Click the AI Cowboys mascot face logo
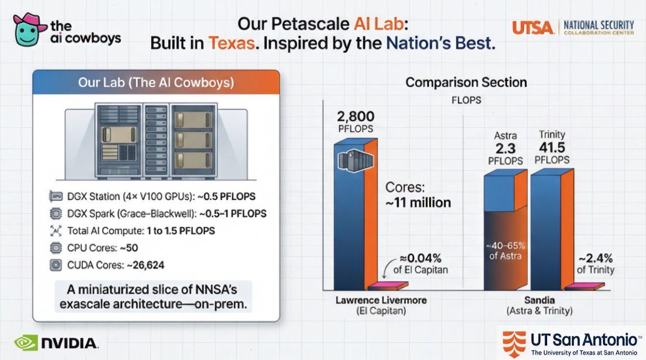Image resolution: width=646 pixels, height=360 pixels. click(28, 30)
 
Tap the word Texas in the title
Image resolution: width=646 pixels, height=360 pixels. click(232, 43)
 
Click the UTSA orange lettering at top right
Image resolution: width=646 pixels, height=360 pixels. click(533, 27)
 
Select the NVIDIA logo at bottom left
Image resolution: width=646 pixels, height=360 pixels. click(56, 342)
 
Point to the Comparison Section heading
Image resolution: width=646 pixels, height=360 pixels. click(466, 82)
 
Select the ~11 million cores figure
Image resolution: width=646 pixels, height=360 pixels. click(418, 202)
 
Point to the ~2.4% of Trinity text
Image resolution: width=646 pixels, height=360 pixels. click(595, 264)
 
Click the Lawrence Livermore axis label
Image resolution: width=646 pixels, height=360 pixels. click(381, 300)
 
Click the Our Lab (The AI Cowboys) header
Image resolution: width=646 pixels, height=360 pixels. click(156, 83)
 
